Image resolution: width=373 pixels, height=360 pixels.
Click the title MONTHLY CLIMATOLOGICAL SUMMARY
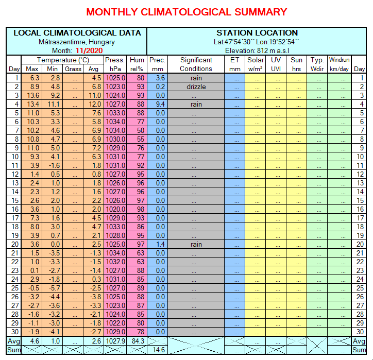186,12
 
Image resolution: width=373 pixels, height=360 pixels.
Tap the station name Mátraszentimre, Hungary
77,42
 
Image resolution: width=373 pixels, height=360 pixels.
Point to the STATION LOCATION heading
257,33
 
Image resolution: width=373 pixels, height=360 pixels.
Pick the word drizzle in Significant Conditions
196,87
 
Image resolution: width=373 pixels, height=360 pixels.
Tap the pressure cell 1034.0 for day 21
114,253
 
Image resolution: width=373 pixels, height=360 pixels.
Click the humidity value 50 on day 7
137,130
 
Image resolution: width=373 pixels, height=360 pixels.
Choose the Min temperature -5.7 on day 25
52,288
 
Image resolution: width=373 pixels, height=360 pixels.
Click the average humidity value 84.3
137,341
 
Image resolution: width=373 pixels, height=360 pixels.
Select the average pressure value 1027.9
114,341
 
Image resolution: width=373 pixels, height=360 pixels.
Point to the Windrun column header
339,64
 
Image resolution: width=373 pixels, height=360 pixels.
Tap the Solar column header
256,64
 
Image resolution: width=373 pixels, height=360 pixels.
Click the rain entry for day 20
196,244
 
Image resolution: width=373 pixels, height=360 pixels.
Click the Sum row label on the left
13,350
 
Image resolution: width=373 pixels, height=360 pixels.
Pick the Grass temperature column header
73,69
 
